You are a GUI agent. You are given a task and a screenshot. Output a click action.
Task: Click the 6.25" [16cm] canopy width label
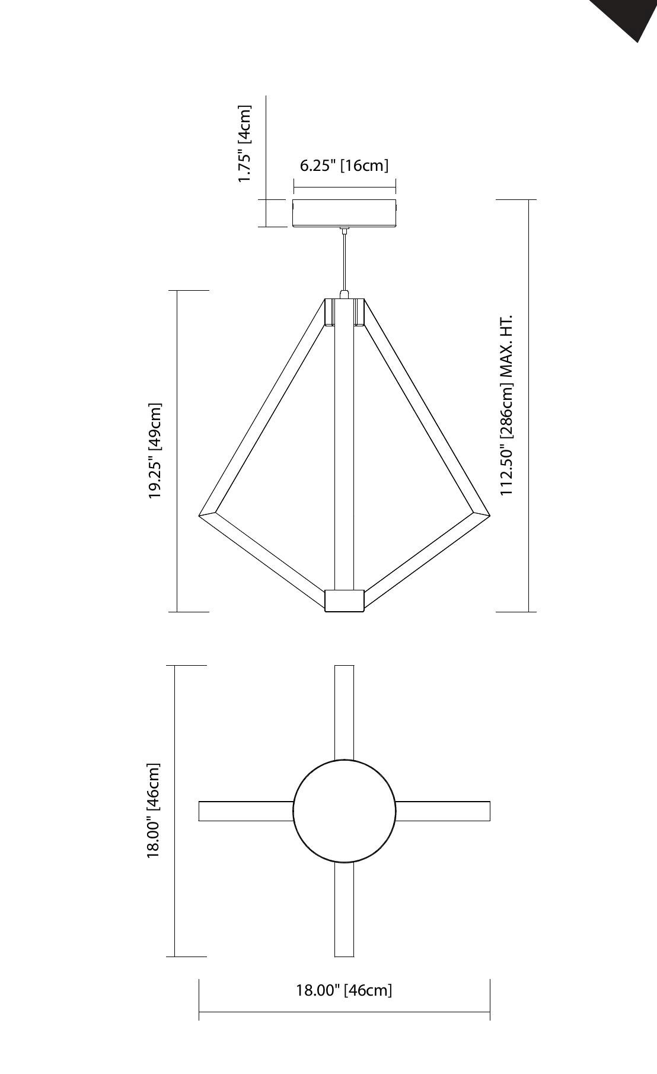[x=344, y=166]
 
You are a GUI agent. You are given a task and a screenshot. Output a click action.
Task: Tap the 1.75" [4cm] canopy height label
[x=244, y=144]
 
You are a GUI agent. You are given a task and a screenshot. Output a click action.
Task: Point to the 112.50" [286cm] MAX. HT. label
[x=506, y=406]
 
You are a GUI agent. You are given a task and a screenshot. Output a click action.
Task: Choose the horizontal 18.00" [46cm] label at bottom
[x=344, y=990]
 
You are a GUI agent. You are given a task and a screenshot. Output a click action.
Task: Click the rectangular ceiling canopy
[x=345, y=213]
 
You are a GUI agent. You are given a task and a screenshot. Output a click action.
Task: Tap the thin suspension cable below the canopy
[x=344, y=261]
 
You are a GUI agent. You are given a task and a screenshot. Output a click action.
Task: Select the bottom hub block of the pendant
[x=344, y=600]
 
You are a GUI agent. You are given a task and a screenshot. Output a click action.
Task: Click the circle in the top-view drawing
[x=344, y=811]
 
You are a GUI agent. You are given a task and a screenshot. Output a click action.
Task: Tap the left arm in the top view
[x=245, y=811]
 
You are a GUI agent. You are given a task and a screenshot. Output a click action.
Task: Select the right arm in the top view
[x=443, y=811]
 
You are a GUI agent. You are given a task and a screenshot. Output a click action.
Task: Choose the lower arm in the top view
[x=344, y=910]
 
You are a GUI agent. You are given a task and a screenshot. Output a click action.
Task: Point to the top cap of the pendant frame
[x=344, y=312]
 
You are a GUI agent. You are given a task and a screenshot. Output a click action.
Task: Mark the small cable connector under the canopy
[x=344, y=230]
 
